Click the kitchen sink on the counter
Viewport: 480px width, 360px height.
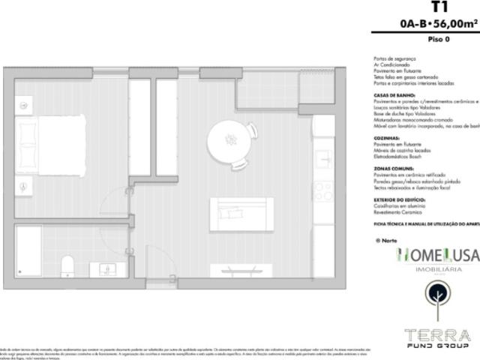[x=323, y=160]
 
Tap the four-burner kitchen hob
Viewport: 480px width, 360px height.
[x=323, y=191]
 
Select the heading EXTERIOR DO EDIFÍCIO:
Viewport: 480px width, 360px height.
[x=399, y=200]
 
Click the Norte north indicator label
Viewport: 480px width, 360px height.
[x=385, y=241]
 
